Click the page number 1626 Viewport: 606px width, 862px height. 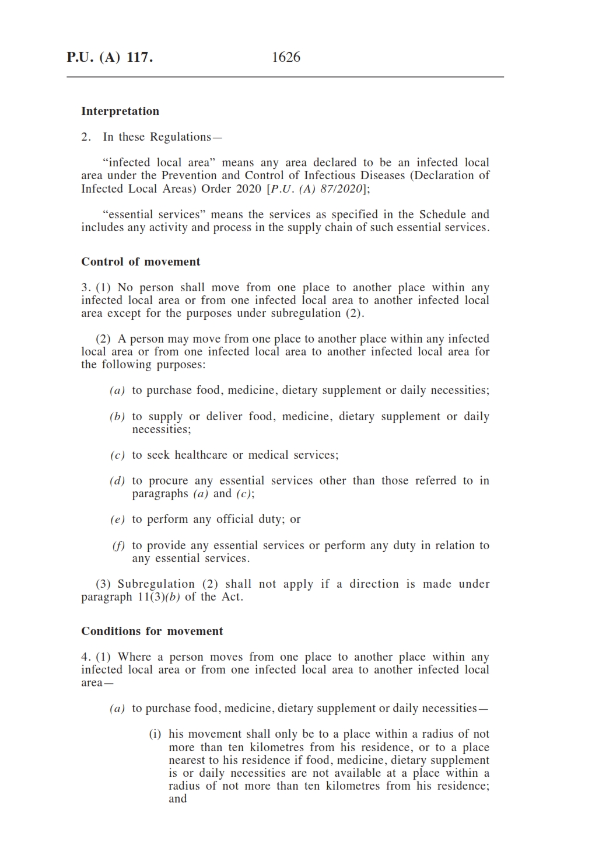(x=286, y=57)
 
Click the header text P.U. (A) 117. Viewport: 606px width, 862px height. (x=110, y=57)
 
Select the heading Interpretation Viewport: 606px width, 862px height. (x=120, y=111)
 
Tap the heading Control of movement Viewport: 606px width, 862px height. (x=141, y=262)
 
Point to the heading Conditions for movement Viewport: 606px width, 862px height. (x=152, y=631)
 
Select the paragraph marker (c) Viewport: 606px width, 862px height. (x=117, y=455)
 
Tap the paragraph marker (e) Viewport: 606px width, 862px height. (x=117, y=519)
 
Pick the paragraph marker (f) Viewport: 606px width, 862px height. (x=118, y=546)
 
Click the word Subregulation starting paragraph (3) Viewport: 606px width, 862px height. (x=156, y=584)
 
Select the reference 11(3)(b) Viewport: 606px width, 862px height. (x=159, y=597)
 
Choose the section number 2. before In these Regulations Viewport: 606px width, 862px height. (x=86, y=137)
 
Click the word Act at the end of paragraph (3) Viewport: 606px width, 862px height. (x=231, y=597)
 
